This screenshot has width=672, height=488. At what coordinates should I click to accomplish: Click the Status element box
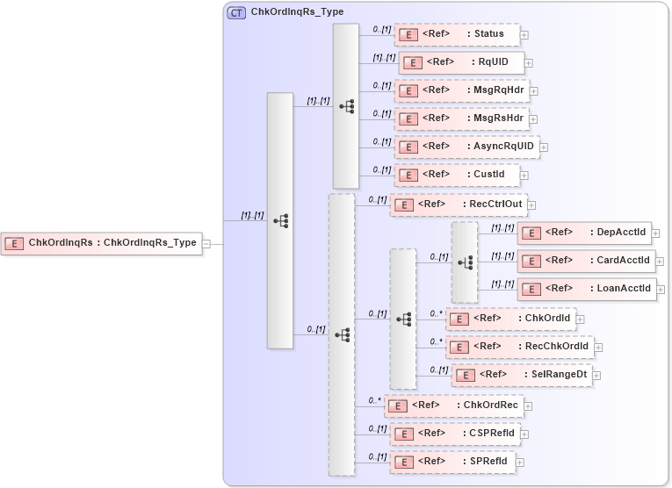[x=457, y=34]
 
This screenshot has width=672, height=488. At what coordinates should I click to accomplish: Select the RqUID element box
[x=462, y=62]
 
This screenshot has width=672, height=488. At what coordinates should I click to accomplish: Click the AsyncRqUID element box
[x=466, y=147]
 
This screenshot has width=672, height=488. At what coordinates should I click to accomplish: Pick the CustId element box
[x=457, y=175]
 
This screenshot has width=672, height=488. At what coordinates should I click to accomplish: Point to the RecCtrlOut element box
[x=458, y=205]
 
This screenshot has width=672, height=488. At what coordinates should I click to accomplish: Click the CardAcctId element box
[x=586, y=261]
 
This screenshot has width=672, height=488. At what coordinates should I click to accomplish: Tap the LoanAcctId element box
[x=586, y=288]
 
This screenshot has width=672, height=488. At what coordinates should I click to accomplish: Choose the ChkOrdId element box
[x=510, y=319]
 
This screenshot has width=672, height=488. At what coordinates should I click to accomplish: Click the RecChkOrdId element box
[x=519, y=347]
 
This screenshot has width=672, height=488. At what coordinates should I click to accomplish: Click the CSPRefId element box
[x=455, y=434]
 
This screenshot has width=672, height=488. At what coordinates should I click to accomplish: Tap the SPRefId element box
[x=452, y=461]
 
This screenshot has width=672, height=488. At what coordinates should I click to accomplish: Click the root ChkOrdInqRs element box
[x=102, y=243]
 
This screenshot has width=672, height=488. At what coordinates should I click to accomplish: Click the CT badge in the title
[x=236, y=13]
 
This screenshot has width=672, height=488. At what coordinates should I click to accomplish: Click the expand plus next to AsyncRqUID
[x=544, y=147]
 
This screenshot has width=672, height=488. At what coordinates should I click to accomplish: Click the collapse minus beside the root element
[x=206, y=244]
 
